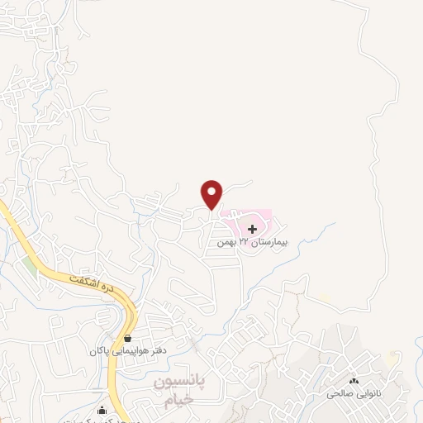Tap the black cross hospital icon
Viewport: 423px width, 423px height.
point(252,227)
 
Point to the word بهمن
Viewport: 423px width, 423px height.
point(225,243)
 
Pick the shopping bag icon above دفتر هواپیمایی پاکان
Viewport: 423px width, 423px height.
point(127,338)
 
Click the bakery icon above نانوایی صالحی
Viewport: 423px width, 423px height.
point(354,380)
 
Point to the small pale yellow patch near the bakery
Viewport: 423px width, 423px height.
point(325,296)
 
